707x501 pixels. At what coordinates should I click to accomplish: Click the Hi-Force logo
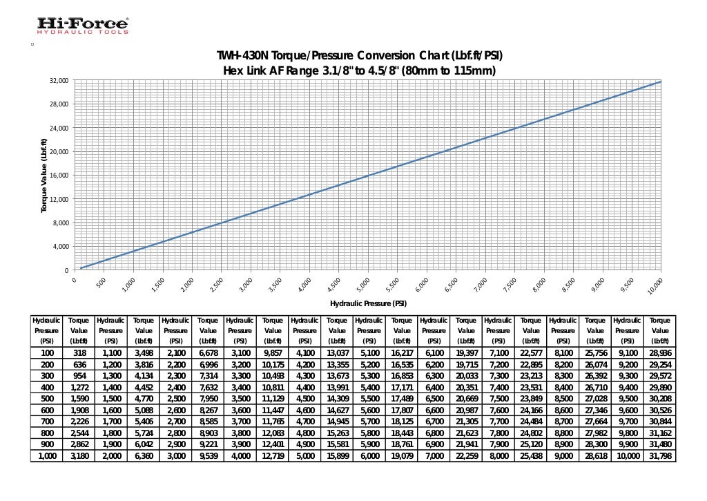tap(82, 26)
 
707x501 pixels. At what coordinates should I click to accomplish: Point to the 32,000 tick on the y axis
tap(58, 81)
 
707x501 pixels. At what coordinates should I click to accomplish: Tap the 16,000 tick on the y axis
tap(58, 176)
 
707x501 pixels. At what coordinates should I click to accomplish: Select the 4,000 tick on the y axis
tap(58, 247)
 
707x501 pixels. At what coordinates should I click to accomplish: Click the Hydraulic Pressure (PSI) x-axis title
tap(368, 303)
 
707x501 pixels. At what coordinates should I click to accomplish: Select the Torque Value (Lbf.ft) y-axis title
tap(44, 176)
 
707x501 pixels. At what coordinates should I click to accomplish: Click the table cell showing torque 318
tap(79, 353)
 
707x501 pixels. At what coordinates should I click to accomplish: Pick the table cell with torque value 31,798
tap(660, 457)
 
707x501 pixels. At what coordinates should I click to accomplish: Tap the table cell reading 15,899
tap(337, 457)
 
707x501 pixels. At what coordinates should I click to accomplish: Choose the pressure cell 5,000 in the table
tap(305, 457)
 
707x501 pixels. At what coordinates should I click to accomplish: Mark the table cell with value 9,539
tap(208, 457)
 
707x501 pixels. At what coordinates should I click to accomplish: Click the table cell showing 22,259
tap(466, 457)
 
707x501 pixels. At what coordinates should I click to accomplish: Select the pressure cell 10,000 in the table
tap(628, 457)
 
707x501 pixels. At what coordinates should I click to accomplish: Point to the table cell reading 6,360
tap(144, 457)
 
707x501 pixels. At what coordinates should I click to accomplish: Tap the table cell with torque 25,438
tap(531, 457)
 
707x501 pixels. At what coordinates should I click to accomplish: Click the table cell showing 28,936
tap(660, 353)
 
